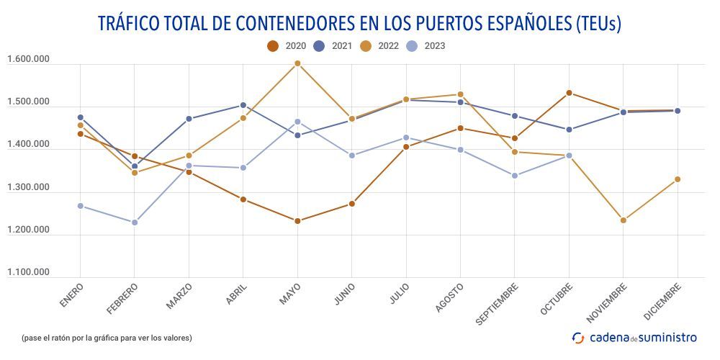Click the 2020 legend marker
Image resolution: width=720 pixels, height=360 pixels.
pos(273,46)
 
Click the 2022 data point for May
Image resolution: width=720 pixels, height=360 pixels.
pos(297,63)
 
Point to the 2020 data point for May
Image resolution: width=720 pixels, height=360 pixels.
pos(297,221)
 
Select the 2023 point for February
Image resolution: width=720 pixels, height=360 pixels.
pos(135,222)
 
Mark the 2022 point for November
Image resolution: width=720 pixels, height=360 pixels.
pos(624,220)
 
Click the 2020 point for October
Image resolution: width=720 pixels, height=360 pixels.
pos(569,93)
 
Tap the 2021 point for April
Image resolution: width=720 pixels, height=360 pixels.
pos(243,105)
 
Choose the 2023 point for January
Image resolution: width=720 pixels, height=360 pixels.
pos(80,206)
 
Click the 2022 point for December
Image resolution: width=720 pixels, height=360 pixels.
pos(678,179)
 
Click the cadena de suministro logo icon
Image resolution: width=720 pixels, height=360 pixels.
pos(578,337)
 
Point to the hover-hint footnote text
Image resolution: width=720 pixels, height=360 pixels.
pos(107,338)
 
